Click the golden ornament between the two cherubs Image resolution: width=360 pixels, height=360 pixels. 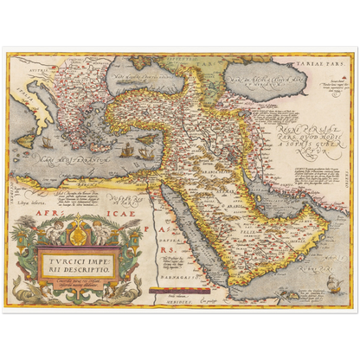pyautogui.click(x=75, y=231)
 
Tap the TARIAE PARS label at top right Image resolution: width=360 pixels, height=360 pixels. pyautogui.click(x=330, y=63)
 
